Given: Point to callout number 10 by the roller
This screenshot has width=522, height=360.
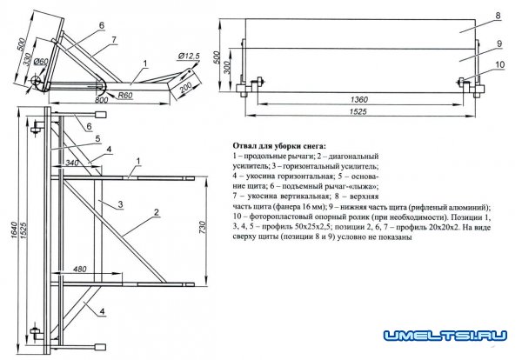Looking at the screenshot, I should tap(498, 63).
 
